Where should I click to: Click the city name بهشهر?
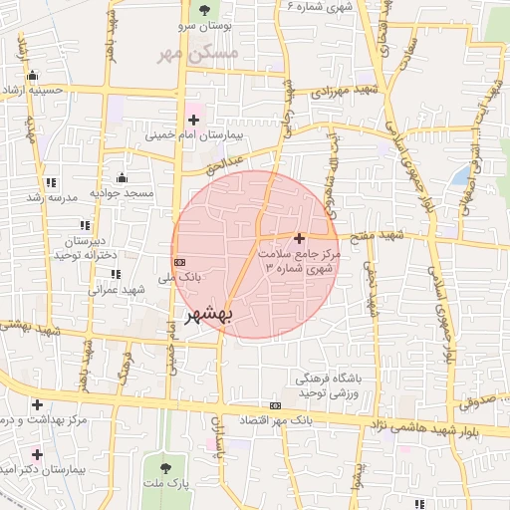tap(209, 315)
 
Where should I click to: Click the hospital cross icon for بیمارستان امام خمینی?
tap(193, 120)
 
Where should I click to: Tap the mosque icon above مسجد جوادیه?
tap(123, 178)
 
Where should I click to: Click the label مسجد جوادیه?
tap(123, 192)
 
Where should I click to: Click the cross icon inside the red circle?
tap(300, 238)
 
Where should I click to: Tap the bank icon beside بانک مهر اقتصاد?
tap(276, 405)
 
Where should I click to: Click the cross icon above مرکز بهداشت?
tap(37, 404)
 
